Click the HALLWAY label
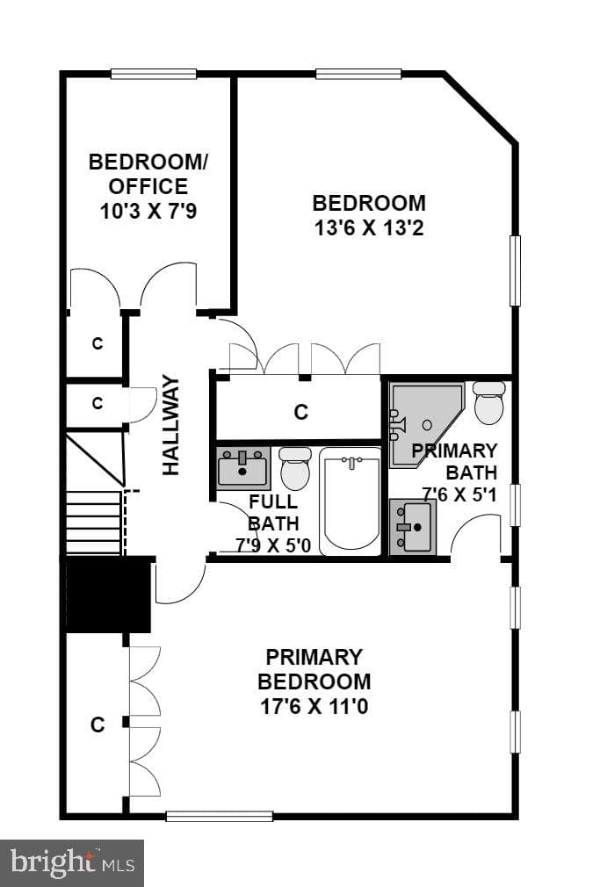coord(170,425)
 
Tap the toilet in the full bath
coord(295,468)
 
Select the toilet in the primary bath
coord(489,403)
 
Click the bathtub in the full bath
coord(350,501)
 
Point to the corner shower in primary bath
coord(424,424)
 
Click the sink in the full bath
coord(243,468)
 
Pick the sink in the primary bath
coord(413,526)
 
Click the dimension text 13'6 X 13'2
coord(369,228)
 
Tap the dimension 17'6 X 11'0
coord(314,707)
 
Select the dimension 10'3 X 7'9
coord(148,212)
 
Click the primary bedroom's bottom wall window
coord(220,816)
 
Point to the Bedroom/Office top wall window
coord(154,74)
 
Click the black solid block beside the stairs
coord(107,594)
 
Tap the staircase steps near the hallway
coord(94,523)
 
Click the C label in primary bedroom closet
coord(98,725)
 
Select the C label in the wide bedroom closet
coord(301,412)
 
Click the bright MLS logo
coord(72,863)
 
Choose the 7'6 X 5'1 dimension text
coord(459,494)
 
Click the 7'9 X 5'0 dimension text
coord(273,546)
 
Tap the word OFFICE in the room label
coord(148,187)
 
